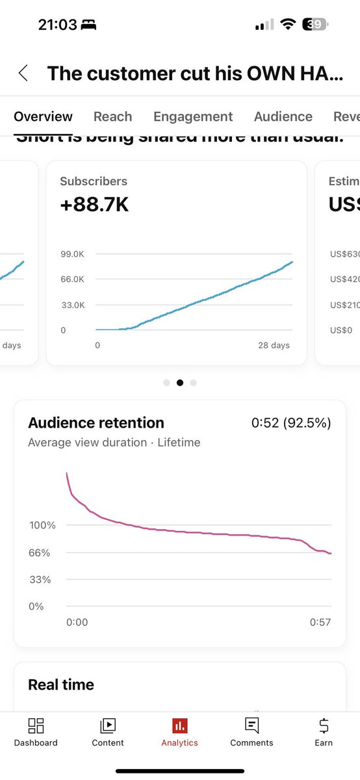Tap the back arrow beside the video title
point(23,73)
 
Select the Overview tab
point(43,116)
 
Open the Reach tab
point(112,116)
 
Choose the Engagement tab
point(193,116)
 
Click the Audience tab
point(283,116)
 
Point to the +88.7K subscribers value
point(94,205)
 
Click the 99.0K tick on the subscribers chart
point(72,254)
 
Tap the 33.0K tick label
point(72,305)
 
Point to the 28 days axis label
point(274,345)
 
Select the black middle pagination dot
point(180,383)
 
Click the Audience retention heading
point(96,423)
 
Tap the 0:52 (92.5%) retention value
point(291,423)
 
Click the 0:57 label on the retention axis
point(320,622)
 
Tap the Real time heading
point(61,684)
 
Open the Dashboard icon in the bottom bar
point(36,726)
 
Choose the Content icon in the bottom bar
point(108,726)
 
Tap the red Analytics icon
point(180,726)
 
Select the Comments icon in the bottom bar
point(251,726)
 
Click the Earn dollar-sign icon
point(324,726)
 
